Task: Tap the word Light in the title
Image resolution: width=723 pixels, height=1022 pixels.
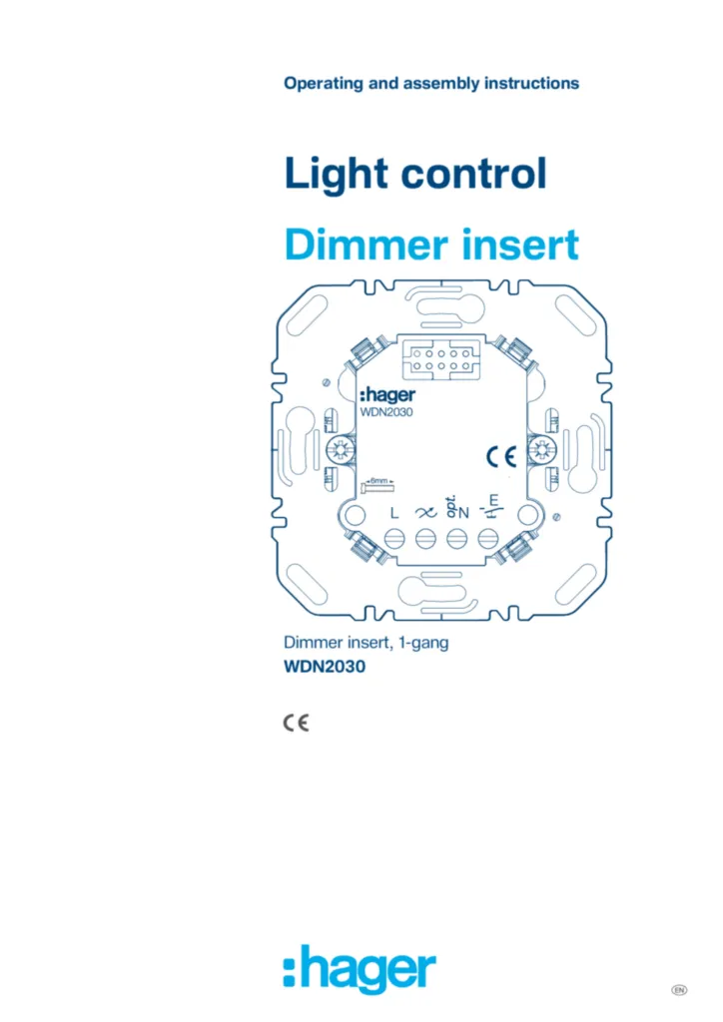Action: tap(337, 174)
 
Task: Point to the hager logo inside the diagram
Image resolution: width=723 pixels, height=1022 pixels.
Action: tap(387, 394)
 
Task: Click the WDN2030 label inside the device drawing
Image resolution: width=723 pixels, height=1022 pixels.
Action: tap(386, 412)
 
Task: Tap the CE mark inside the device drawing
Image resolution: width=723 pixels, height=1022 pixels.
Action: tap(501, 457)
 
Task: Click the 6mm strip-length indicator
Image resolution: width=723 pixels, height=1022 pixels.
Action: tap(378, 485)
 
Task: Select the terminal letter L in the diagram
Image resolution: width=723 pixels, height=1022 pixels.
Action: tap(394, 513)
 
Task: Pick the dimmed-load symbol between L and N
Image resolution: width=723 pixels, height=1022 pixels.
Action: tap(425, 513)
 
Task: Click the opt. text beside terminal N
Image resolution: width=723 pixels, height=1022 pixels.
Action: tap(450, 507)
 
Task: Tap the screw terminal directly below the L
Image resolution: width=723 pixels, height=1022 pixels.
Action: tap(394, 538)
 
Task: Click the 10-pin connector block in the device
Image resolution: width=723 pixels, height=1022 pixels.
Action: tap(441, 359)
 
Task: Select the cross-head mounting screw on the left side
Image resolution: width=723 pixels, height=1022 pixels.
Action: tap(339, 450)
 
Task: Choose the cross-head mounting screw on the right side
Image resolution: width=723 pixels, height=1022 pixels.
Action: tap(542, 450)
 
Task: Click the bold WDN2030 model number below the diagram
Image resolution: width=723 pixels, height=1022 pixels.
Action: tap(325, 667)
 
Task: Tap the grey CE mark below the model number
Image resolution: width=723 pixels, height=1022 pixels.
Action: tap(296, 723)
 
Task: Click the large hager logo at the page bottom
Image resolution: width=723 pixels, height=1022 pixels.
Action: tap(360, 970)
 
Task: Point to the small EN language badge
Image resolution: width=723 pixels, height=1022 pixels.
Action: tap(679, 990)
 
